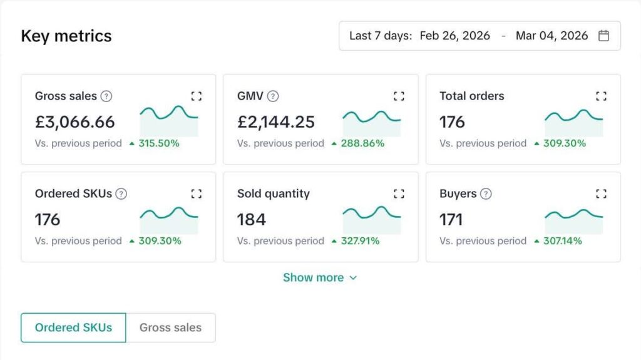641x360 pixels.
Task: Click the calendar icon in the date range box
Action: pos(603,36)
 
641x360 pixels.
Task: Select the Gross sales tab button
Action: pos(170,327)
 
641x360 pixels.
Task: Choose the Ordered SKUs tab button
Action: pos(73,327)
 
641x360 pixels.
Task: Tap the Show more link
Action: pos(319,277)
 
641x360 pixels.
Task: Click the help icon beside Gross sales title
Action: pos(106,96)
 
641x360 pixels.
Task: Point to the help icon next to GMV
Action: pos(273,96)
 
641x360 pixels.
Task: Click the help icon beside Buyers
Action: pos(485,193)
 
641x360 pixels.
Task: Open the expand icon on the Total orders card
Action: pos(601,96)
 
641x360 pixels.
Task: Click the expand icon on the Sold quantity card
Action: pos(399,193)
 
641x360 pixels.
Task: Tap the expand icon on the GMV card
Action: pos(399,96)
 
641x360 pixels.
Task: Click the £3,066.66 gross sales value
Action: pos(75,121)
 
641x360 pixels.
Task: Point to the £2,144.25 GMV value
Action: pos(276,121)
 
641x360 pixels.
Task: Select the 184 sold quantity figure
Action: pos(252,219)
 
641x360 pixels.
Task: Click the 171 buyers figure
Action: pos(451,219)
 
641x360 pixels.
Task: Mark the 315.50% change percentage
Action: pos(159,143)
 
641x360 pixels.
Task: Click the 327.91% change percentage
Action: pos(360,241)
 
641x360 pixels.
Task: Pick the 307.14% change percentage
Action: pos(562,241)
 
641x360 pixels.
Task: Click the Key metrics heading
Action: pos(66,36)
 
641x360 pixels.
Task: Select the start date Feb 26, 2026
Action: pos(454,36)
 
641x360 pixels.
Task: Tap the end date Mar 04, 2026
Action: pos(551,36)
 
